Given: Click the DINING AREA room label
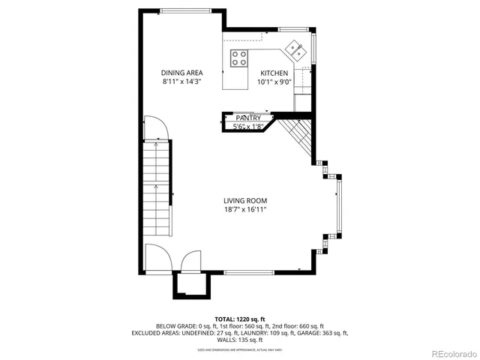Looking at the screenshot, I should click(182, 73).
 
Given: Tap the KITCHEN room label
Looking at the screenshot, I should click(274, 73).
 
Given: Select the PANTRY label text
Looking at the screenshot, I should click(248, 118).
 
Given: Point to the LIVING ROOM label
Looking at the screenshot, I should click(245, 200).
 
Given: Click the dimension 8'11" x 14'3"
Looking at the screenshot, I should click(182, 82).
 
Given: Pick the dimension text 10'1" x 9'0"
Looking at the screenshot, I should click(274, 82).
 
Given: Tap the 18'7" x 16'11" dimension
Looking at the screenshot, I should click(245, 209).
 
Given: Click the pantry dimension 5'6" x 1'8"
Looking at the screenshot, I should click(248, 127).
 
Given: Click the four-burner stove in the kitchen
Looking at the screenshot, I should click(240, 58).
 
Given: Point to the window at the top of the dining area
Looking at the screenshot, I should click(184, 10).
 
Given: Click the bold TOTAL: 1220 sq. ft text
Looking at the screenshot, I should click(239, 319).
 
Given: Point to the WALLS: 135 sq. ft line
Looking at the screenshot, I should click(239, 340).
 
